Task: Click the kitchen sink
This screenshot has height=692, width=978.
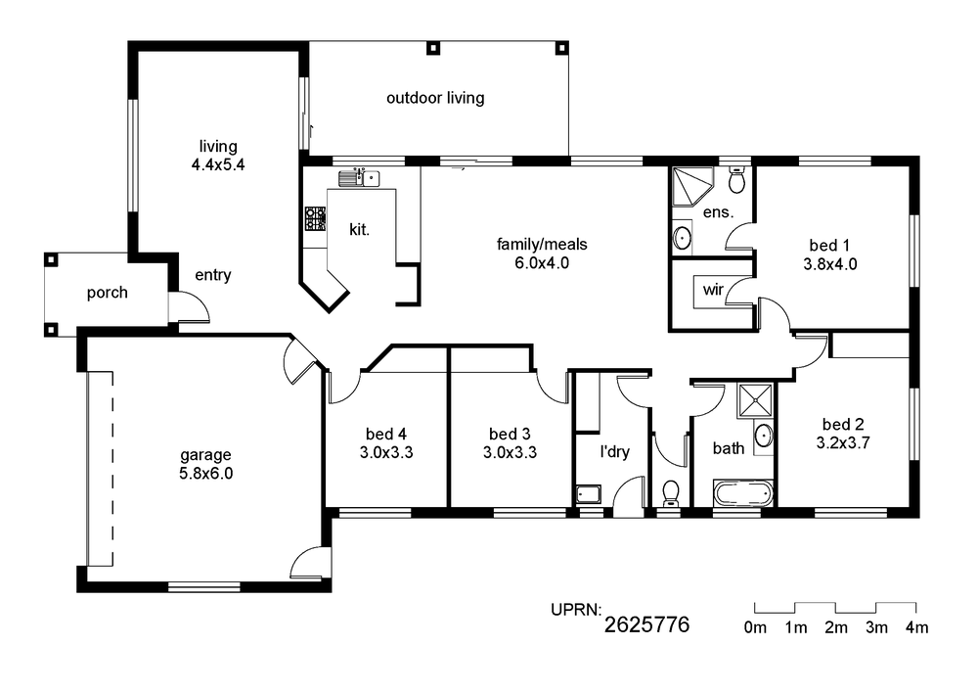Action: pos(359,178)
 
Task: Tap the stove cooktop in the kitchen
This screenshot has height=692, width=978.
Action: pos(315,219)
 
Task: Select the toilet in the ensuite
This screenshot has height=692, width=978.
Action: pos(737,180)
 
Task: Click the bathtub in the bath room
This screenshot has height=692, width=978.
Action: pos(743,493)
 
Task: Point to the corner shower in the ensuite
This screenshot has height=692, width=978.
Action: pos(691,186)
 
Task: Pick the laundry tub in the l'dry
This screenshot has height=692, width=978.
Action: pos(588,495)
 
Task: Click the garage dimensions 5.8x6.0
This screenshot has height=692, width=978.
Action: pos(205,474)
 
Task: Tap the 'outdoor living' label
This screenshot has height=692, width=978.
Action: pos(435,98)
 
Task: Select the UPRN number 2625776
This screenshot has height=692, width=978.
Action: pos(646,624)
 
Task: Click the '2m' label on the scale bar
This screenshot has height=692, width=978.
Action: pos(836,627)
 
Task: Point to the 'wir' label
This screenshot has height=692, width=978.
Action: pos(713,290)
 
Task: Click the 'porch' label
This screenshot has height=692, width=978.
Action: pos(108,293)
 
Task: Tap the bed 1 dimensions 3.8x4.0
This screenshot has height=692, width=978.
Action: pos(830,264)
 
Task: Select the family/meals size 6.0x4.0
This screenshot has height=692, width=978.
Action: pos(542,262)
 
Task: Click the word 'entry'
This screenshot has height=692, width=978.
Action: pos(212,275)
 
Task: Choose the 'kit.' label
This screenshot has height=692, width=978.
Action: pos(359,230)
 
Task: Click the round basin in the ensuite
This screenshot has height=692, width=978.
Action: pos(683,238)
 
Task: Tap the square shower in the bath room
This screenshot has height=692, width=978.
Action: pos(755,400)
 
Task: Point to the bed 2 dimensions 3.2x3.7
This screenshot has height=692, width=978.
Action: pos(843,443)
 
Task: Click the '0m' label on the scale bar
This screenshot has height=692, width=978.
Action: pos(755,627)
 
